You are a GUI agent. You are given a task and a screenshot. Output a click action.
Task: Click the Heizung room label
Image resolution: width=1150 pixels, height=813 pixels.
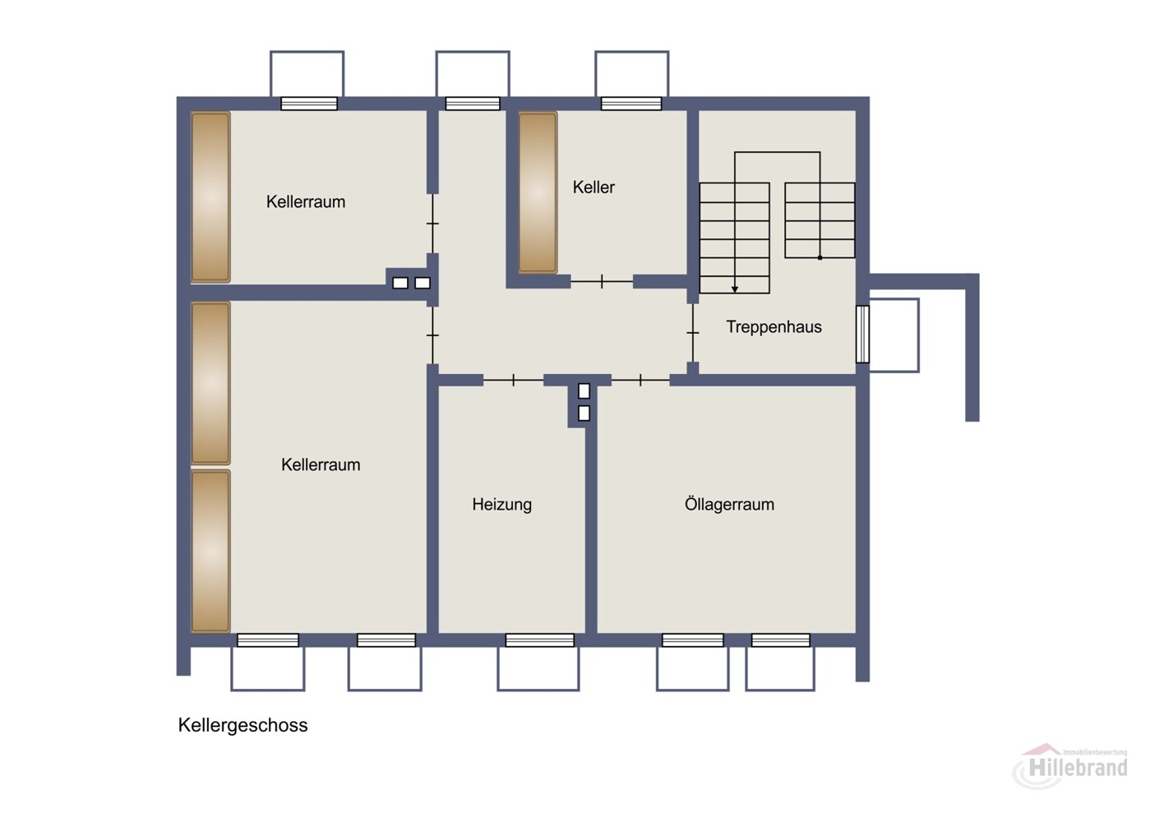pyautogui.click(x=501, y=505)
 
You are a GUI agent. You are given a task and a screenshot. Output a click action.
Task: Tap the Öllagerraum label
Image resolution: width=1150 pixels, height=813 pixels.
pyautogui.click(x=729, y=504)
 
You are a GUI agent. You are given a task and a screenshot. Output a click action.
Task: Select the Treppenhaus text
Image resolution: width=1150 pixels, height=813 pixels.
pyautogui.click(x=774, y=327)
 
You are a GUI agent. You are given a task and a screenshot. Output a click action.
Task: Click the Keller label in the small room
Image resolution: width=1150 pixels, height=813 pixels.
pyautogui.click(x=593, y=187)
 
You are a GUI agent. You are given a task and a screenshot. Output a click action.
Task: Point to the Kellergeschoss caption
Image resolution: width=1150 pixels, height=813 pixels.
pyautogui.click(x=242, y=725)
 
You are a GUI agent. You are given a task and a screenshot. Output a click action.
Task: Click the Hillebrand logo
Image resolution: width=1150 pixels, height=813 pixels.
pyautogui.click(x=1070, y=766)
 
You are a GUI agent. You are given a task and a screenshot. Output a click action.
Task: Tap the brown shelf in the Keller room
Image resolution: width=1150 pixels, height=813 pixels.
pyautogui.click(x=538, y=192)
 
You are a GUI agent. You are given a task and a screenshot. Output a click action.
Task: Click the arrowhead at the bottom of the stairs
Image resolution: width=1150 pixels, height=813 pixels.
pyautogui.click(x=735, y=289)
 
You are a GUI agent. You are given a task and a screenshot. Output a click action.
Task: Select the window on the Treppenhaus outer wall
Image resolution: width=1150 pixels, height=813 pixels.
pyautogui.click(x=862, y=334)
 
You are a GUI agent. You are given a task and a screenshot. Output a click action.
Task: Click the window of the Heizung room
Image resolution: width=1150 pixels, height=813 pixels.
pyautogui.click(x=539, y=640)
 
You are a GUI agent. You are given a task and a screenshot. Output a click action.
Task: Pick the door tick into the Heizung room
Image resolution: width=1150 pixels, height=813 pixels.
pyautogui.click(x=514, y=381)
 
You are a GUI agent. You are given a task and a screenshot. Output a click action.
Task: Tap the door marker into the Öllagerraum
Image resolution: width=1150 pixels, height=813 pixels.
pyautogui.click(x=640, y=381)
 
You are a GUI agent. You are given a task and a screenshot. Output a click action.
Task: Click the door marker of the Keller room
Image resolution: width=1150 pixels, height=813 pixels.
pyautogui.click(x=602, y=281)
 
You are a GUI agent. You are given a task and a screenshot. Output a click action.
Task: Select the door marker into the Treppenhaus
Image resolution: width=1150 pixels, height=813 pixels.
pyautogui.click(x=693, y=333)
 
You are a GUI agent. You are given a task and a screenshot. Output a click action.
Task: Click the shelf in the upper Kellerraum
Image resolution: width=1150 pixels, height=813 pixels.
pyautogui.click(x=210, y=197)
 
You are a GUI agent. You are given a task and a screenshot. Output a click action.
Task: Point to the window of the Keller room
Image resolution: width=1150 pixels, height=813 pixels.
pyautogui.click(x=631, y=104)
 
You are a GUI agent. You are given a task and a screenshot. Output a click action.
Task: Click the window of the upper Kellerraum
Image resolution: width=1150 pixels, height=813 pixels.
pyautogui.click(x=309, y=104)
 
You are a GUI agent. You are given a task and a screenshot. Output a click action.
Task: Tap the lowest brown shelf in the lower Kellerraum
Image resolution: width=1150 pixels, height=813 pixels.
pyautogui.click(x=210, y=552)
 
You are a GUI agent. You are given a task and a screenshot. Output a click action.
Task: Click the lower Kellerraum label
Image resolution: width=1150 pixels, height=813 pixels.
pyautogui.click(x=321, y=465)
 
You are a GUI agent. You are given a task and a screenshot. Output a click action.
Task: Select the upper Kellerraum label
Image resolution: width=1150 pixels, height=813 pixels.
pyautogui.click(x=306, y=202)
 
